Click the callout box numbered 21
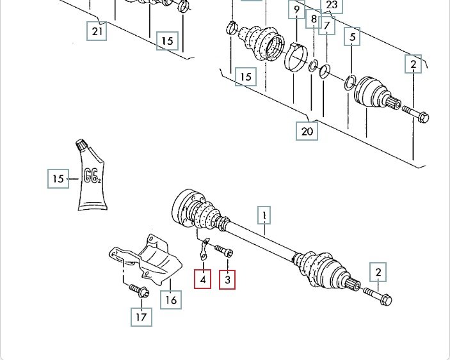(x=97, y=31)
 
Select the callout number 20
(x=307, y=130)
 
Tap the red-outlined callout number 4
(x=202, y=279)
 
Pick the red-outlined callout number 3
(x=227, y=279)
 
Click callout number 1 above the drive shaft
(x=264, y=215)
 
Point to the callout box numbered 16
(x=170, y=299)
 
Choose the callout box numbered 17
(x=141, y=316)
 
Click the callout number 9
(x=296, y=10)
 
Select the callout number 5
(x=352, y=37)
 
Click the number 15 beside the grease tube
(x=58, y=178)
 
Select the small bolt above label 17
(x=138, y=292)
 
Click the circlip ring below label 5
(x=350, y=81)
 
